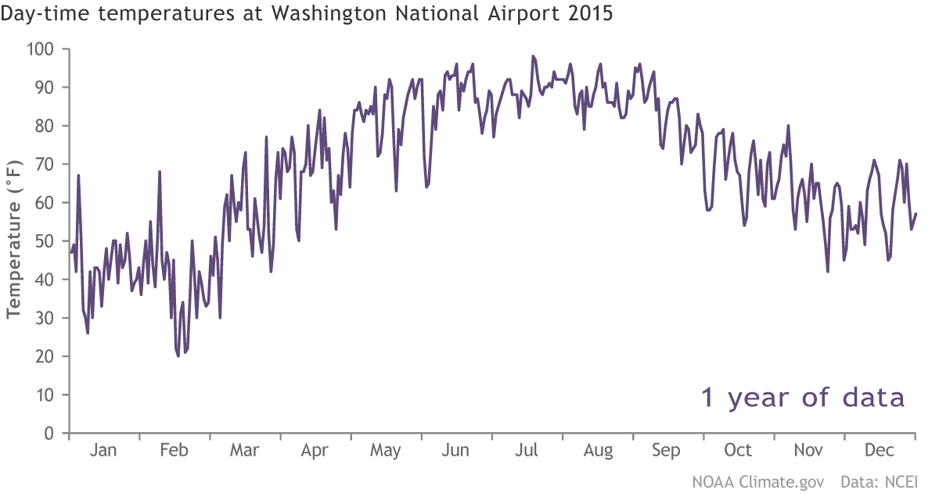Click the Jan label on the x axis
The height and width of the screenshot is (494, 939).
point(103,451)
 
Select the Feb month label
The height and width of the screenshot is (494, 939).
point(174,451)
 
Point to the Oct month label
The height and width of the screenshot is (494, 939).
point(738,451)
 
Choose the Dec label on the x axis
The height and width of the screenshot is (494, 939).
point(880,451)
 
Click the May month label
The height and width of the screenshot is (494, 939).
point(385,451)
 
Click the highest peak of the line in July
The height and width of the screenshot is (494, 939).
point(533,56)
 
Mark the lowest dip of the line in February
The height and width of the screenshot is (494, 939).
point(178,356)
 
